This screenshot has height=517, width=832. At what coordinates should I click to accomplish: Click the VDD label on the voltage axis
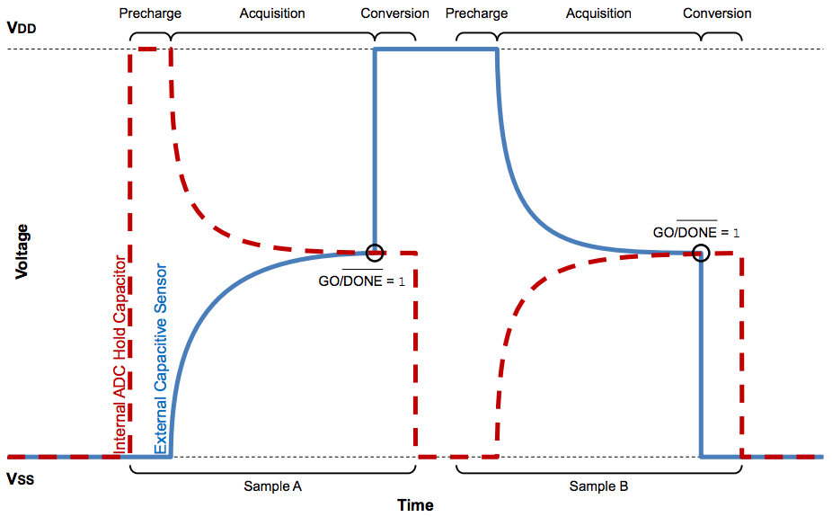coord(23,27)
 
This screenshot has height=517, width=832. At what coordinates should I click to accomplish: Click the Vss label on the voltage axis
coord(21,479)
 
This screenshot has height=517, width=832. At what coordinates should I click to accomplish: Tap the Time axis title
coord(415,505)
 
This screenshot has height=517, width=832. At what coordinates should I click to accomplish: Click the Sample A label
coord(272,486)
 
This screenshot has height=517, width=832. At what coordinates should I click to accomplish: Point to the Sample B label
coord(598,486)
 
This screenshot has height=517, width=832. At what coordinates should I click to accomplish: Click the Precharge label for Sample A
coord(150,13)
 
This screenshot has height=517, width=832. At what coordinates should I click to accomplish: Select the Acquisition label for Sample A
coord(271,13)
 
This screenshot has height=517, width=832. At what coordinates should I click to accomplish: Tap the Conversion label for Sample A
coord(395,13)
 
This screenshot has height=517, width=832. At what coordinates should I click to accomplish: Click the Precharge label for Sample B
coord(476,13)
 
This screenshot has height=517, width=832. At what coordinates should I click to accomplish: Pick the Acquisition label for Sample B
coord(598,13)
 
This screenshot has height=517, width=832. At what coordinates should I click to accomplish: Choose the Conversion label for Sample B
coord(717,13)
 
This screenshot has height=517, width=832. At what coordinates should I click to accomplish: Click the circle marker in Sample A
coord(375,253)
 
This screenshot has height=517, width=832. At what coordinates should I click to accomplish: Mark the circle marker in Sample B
coord(702,253)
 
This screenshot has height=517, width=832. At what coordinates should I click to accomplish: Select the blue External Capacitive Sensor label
coord(160,359)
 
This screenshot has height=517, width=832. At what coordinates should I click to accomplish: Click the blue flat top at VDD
coord(436,49)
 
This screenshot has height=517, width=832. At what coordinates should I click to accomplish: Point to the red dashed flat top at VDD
coord(150,49)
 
